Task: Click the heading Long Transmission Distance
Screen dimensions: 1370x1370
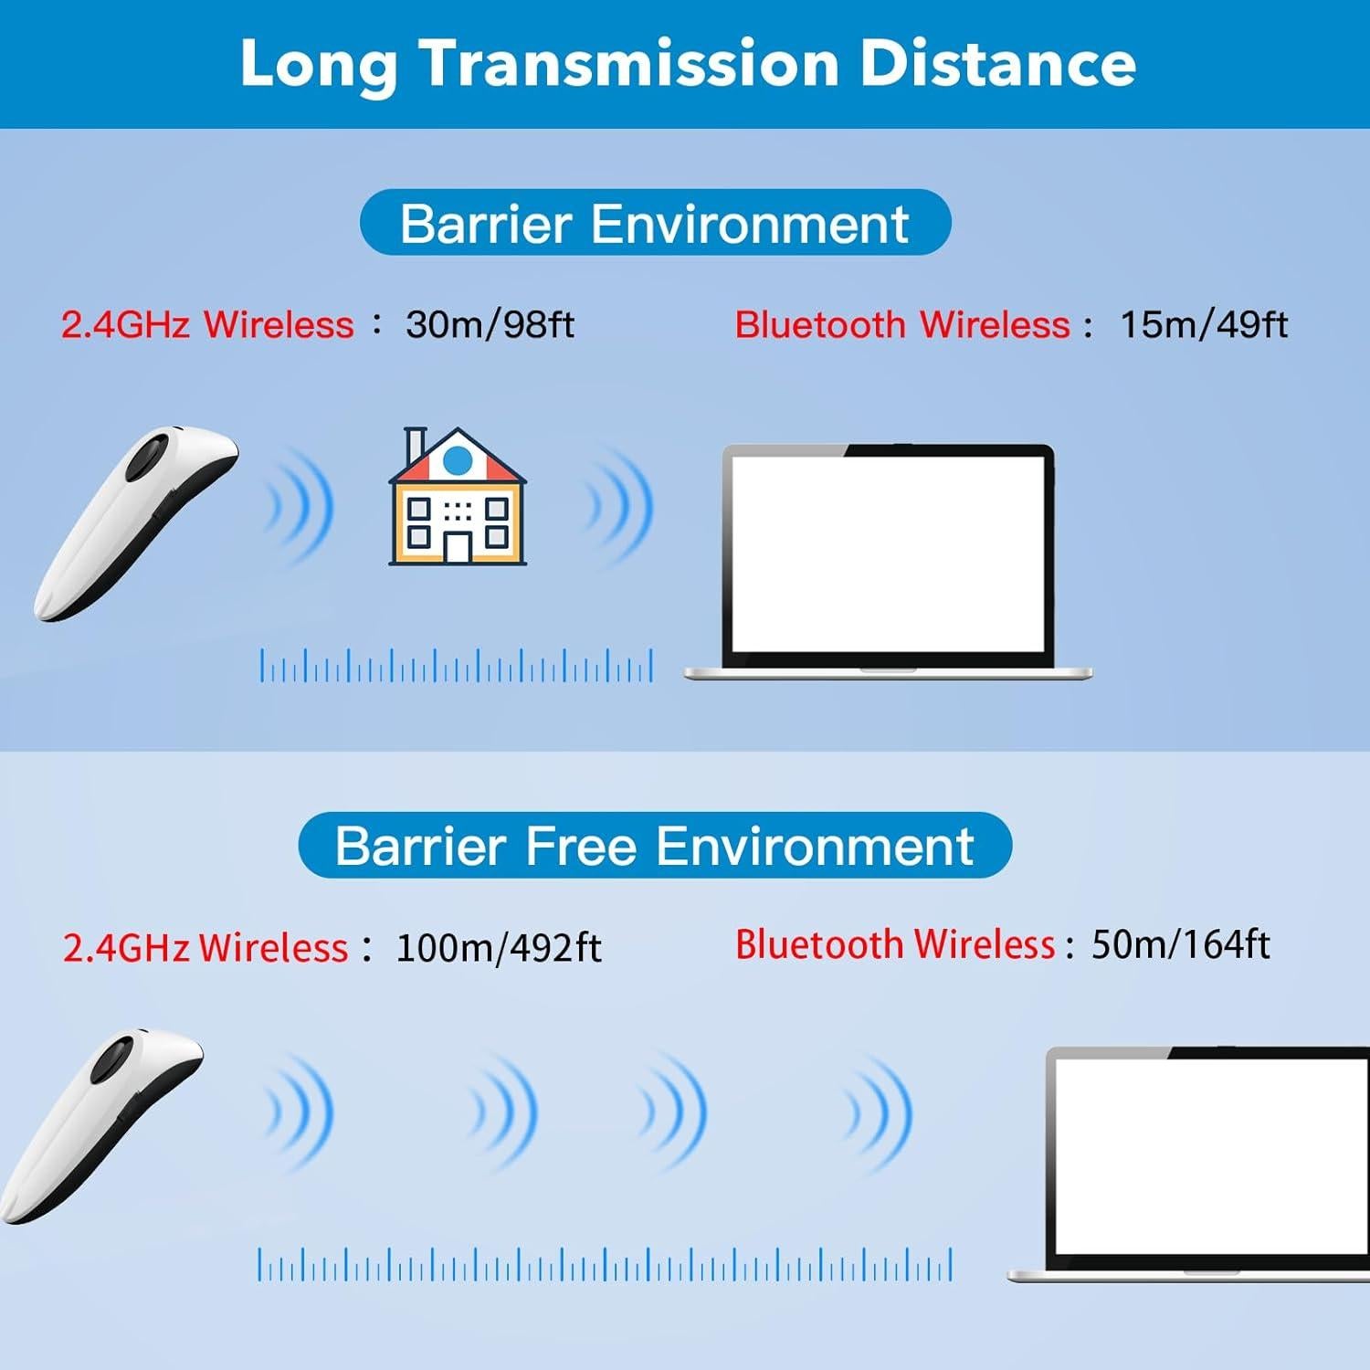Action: tap(687, 63)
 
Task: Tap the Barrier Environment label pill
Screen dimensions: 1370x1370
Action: tap(655, 223)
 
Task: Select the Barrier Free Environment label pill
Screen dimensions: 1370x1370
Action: tap(655, 845)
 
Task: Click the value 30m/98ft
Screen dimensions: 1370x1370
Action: tap(490, 324)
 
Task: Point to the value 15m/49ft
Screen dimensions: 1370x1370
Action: tap(1203, 324)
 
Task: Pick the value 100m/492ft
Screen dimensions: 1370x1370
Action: tap(498, 948)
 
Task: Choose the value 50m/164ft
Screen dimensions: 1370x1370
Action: tap(1180, 944)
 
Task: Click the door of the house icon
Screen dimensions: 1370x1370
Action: tap(458, 545)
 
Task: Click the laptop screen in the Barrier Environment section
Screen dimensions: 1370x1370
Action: tap(888, 553)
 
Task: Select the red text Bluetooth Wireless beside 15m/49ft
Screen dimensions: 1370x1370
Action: tap(901, 324)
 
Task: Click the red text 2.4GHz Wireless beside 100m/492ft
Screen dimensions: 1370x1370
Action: tap(205, 948)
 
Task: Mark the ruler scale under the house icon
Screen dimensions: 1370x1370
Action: tap(457, 666)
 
